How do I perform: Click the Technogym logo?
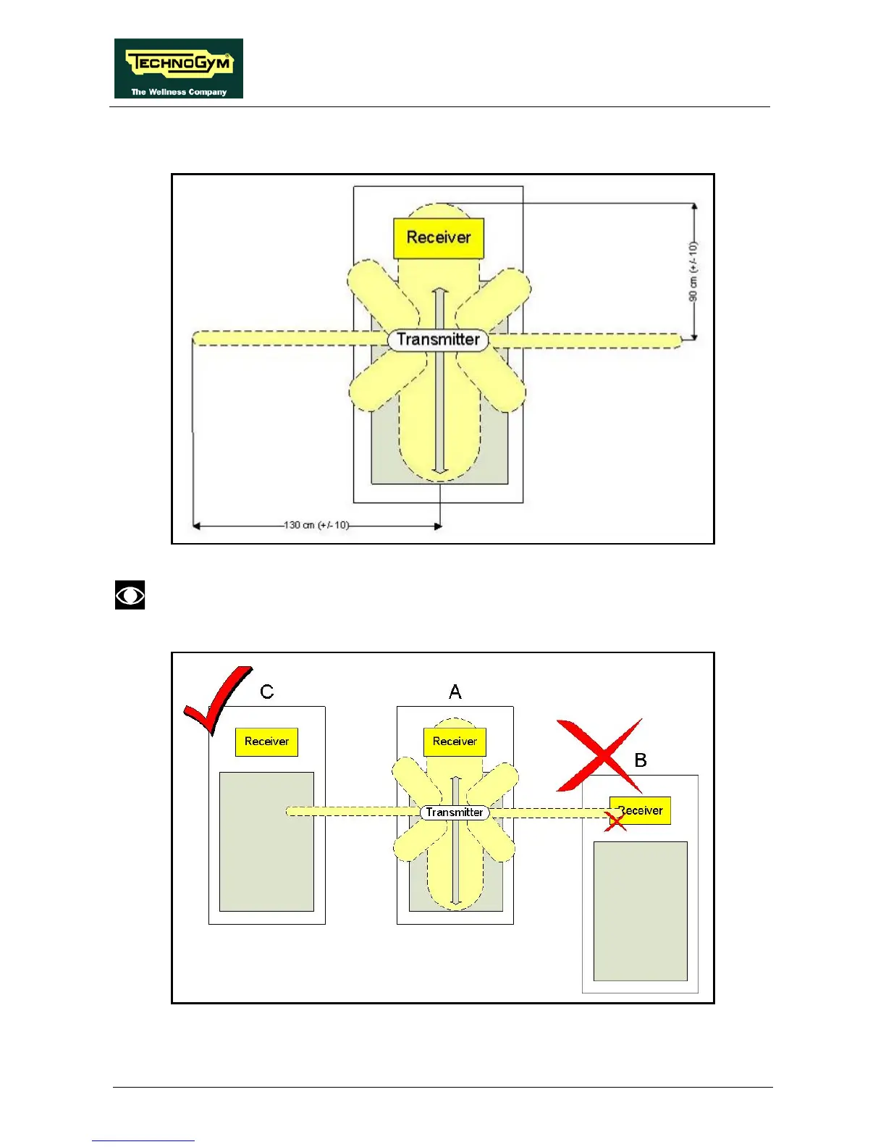[x=178, y=68]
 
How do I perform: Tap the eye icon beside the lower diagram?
[x=130, y=594]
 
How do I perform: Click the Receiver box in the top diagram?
[x=438, y=238]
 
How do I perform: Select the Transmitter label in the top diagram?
[x=438, y=340]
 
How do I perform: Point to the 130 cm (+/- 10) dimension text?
[x=316, y=525]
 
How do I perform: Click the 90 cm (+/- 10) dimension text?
[x=693, y=272]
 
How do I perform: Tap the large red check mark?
[x=216, y=699]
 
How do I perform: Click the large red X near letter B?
[x=599, y=755]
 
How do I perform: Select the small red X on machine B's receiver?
[x=615, y=820]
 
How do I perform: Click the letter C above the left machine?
[x=266, y=692]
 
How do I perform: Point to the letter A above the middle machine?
[x=455, y=692]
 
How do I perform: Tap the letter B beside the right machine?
[x=641, y=760]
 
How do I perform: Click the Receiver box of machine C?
[x=266, y=741]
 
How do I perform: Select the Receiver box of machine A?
[x=455, y=741]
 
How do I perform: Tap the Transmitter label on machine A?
[x=455, y=812]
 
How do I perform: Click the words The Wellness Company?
[x=178, y=92]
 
